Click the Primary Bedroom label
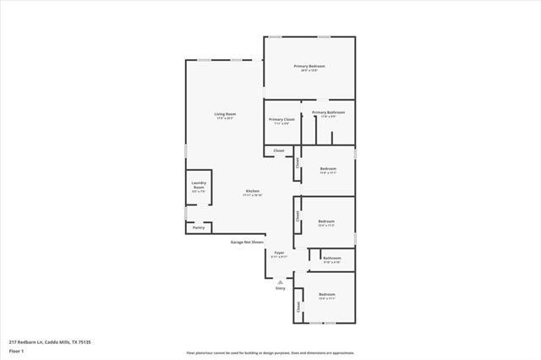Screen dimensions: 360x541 point(309,67)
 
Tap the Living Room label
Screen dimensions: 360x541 point(224,114)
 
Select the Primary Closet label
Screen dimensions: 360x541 point(281,120)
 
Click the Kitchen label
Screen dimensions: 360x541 point(253,191)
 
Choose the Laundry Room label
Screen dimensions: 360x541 point(199,184)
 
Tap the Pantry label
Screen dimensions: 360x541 point(199,227)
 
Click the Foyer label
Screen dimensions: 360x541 point(279,253)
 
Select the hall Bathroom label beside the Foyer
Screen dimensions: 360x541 point(331,259)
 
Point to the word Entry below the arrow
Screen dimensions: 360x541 point(281,288)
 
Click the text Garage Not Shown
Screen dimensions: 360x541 point(248,242)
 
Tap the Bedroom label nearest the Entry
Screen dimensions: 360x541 point(327,294)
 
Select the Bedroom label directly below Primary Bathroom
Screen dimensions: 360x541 point(328,169)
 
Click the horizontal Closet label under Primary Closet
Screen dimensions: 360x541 point(279,151)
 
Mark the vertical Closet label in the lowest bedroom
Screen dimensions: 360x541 point(298,309)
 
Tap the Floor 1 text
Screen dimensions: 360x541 point(17,351)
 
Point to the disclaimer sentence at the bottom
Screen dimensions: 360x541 point(270,352)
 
